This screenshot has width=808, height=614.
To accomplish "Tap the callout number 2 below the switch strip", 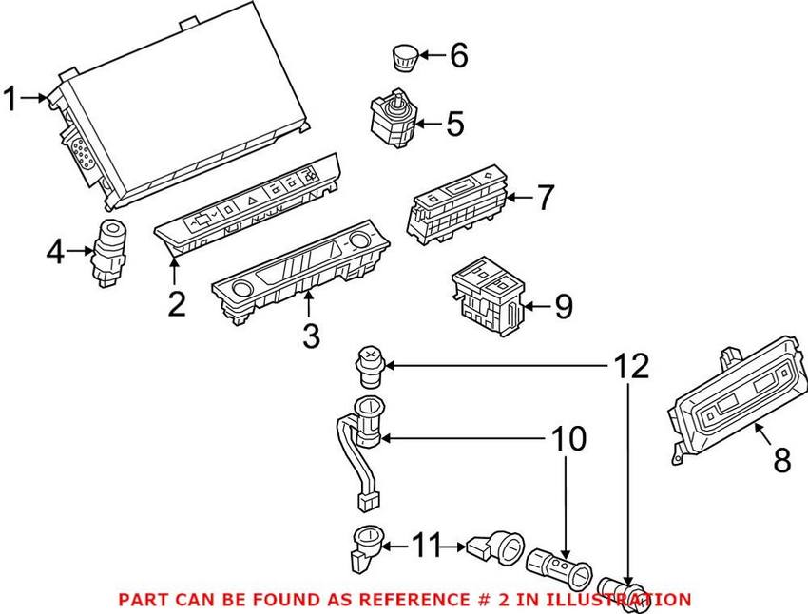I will pyautogui.click(x=176, y=305).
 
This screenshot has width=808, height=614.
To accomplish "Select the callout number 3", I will pyautogui.click(x=311, y=336).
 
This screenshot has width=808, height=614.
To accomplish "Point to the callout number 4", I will pyautogui.click(x=56, y=252).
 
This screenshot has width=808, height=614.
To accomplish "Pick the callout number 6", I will pyautogui.click(x=457, y=56).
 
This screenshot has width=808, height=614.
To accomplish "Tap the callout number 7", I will pyautogui.click(x=544, y=199).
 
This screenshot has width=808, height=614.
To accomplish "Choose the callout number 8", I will pyautogui.click(x=781, y=460).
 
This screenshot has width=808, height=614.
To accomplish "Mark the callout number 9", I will pyautogui.click(x=563, y=306).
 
